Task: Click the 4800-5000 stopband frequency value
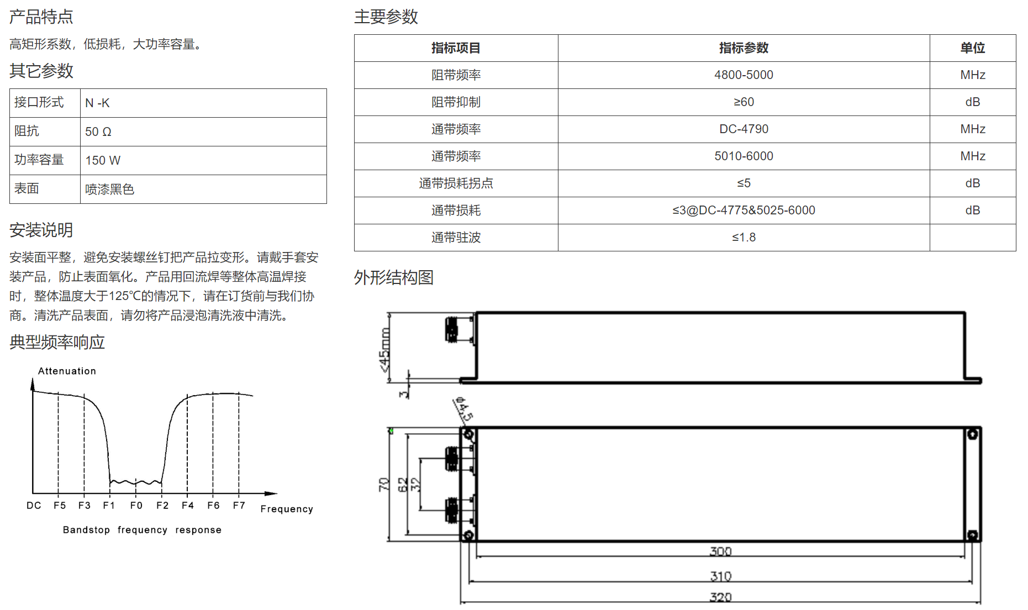pyautogui.click(x=744, y=75)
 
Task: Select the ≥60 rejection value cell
pyautogui.click(x=744, y=102)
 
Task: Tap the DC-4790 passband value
pyautogui.click(x=744, y=129)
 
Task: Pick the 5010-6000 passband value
pyautogui.click(x=744, y=156)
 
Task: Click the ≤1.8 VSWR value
pyautogui.click(x=744, y=238)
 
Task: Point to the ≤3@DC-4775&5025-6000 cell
pyautogui.click(x=744, y=211)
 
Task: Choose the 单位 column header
pyautogui.click(x=972, y=48)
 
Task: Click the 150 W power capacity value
pyautogui.click(x=103, y=160)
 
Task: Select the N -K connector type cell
pyautogui.click(x=97, y=103)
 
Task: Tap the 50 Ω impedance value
pyautogui.click(x=98, y=132)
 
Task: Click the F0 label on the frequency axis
pyautogui.click(x=136, y=506)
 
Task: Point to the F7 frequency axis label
pyautogui.click(x=239, y=506)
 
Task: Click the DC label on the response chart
pyautogui.click(x=34, y=506)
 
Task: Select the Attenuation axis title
pyautogui.click(x=67, y=371)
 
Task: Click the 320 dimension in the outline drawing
pyautogui.click(x=720, y=597)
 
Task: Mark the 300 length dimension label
pyautogui.click(x=720, y=551)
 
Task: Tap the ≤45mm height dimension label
pyautogui.click(x=384, y=349)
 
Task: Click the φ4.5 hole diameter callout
pyautogui.click(x=463, y=409)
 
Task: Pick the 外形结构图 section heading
pyautogui.click(x=394, y=277)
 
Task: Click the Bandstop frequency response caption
pyautogui.click(x=142, y=530)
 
